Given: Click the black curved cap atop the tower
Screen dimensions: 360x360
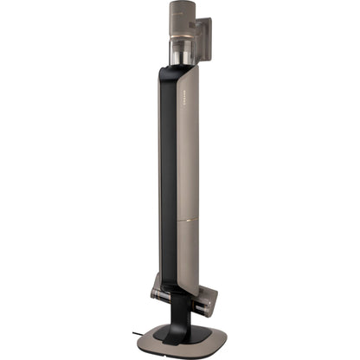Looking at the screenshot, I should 177,71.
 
